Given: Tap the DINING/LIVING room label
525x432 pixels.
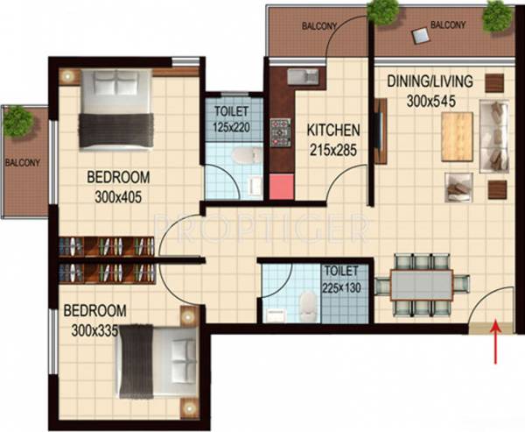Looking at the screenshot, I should tap(430, 82).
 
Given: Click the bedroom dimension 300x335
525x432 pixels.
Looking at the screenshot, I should tap(94, 329).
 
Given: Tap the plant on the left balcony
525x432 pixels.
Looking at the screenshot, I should tap(17, 122).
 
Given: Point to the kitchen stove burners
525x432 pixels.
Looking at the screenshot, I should tap(281, 132).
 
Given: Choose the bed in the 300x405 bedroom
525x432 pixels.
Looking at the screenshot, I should tap(115, 109).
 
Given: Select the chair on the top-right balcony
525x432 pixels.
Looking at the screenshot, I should tap(421, 35).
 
